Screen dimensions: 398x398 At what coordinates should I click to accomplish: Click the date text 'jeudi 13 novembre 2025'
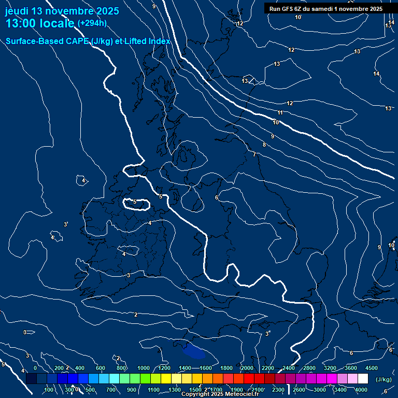(x=62, y=11)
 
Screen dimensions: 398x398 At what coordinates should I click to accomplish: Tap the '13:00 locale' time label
(x=39, y=23)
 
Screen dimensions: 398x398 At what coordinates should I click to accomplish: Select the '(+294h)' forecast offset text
(x=92, y=23)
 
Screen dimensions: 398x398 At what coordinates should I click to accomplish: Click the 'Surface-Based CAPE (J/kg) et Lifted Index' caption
(x=88, y=41)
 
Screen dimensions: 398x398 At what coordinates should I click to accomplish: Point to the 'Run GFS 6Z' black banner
(x=325, y=8)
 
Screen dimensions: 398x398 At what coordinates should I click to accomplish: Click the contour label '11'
(x=280, y=112)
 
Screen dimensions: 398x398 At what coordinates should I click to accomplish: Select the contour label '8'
(x=264, y=145)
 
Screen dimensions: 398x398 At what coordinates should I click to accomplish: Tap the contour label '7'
(x=254, y=154)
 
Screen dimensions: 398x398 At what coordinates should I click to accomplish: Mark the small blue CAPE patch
(x=194, y=351)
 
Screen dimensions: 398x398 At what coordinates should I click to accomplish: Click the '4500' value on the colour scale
(x=372, y=368)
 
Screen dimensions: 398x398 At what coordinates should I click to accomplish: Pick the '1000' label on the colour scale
(x=144, y=368)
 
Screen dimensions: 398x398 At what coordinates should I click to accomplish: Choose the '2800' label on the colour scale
(x=309, y=368)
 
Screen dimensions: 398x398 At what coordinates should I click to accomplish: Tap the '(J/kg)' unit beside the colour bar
(x=383, y=379)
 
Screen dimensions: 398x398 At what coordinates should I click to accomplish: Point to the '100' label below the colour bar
(x=49, y=390)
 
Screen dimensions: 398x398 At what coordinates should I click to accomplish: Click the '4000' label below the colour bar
(x=361, y=390)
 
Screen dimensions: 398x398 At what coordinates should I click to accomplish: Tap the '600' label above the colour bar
(x=101, y=368)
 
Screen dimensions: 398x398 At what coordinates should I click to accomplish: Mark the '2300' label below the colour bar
(x=278, y=390)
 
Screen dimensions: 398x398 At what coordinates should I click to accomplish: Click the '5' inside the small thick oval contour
(x=135, y=202)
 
